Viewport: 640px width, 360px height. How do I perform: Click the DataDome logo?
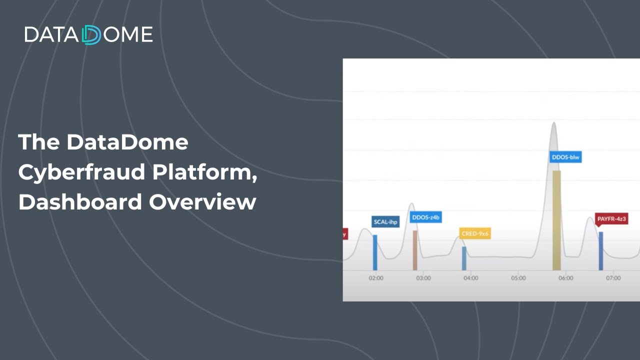click(88, 34)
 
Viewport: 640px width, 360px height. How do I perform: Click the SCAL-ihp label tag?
click(386, 221)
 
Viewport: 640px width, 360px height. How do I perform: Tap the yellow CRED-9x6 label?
click(475, 233)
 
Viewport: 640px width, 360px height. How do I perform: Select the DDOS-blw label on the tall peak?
click(565, 157)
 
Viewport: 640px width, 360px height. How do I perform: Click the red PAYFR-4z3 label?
click(611, 219)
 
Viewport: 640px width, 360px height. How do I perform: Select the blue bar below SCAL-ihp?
click(375, 252)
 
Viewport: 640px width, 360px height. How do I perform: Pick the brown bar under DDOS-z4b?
click(415, 250)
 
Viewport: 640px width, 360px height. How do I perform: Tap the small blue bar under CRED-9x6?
click(464, 258)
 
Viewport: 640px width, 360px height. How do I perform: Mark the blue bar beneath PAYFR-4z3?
click(601, 251)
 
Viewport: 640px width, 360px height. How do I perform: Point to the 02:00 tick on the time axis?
click(376, 278)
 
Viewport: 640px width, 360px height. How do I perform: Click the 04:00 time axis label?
click(470, 278)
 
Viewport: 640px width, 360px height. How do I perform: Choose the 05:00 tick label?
click(518, 278)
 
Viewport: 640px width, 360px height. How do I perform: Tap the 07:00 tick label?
click(613, 278)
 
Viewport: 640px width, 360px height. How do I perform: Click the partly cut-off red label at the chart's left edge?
click(345, 233)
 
